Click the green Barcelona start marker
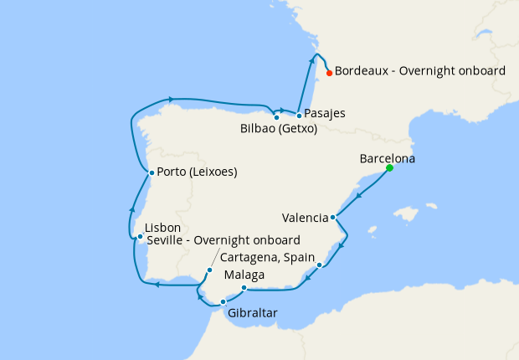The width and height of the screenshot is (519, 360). coord(389,168)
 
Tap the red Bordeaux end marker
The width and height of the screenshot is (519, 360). coord(329,73)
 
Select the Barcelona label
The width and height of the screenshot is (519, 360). coord(387,158)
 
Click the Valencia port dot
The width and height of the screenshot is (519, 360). coord(333,218)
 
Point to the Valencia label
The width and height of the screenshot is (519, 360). coord(306,218)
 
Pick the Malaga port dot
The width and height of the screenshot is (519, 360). coord(244,289)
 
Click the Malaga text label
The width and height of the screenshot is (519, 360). coord(244,275)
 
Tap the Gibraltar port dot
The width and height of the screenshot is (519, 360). coord(223,302)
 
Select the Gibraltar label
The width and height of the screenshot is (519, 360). coord(252,314)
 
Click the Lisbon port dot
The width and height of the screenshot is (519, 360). coord(140,237)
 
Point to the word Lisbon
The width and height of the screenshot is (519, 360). coord(163,228)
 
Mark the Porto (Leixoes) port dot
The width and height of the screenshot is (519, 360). coord(150,173)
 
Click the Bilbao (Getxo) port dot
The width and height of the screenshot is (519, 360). coord(276,117)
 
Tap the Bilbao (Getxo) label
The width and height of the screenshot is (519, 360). coord(278,129)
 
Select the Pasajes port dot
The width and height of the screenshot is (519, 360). coord(299,115)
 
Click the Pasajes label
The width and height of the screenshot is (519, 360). coord(326,113)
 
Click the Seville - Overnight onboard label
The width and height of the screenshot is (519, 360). coord(224,241)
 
